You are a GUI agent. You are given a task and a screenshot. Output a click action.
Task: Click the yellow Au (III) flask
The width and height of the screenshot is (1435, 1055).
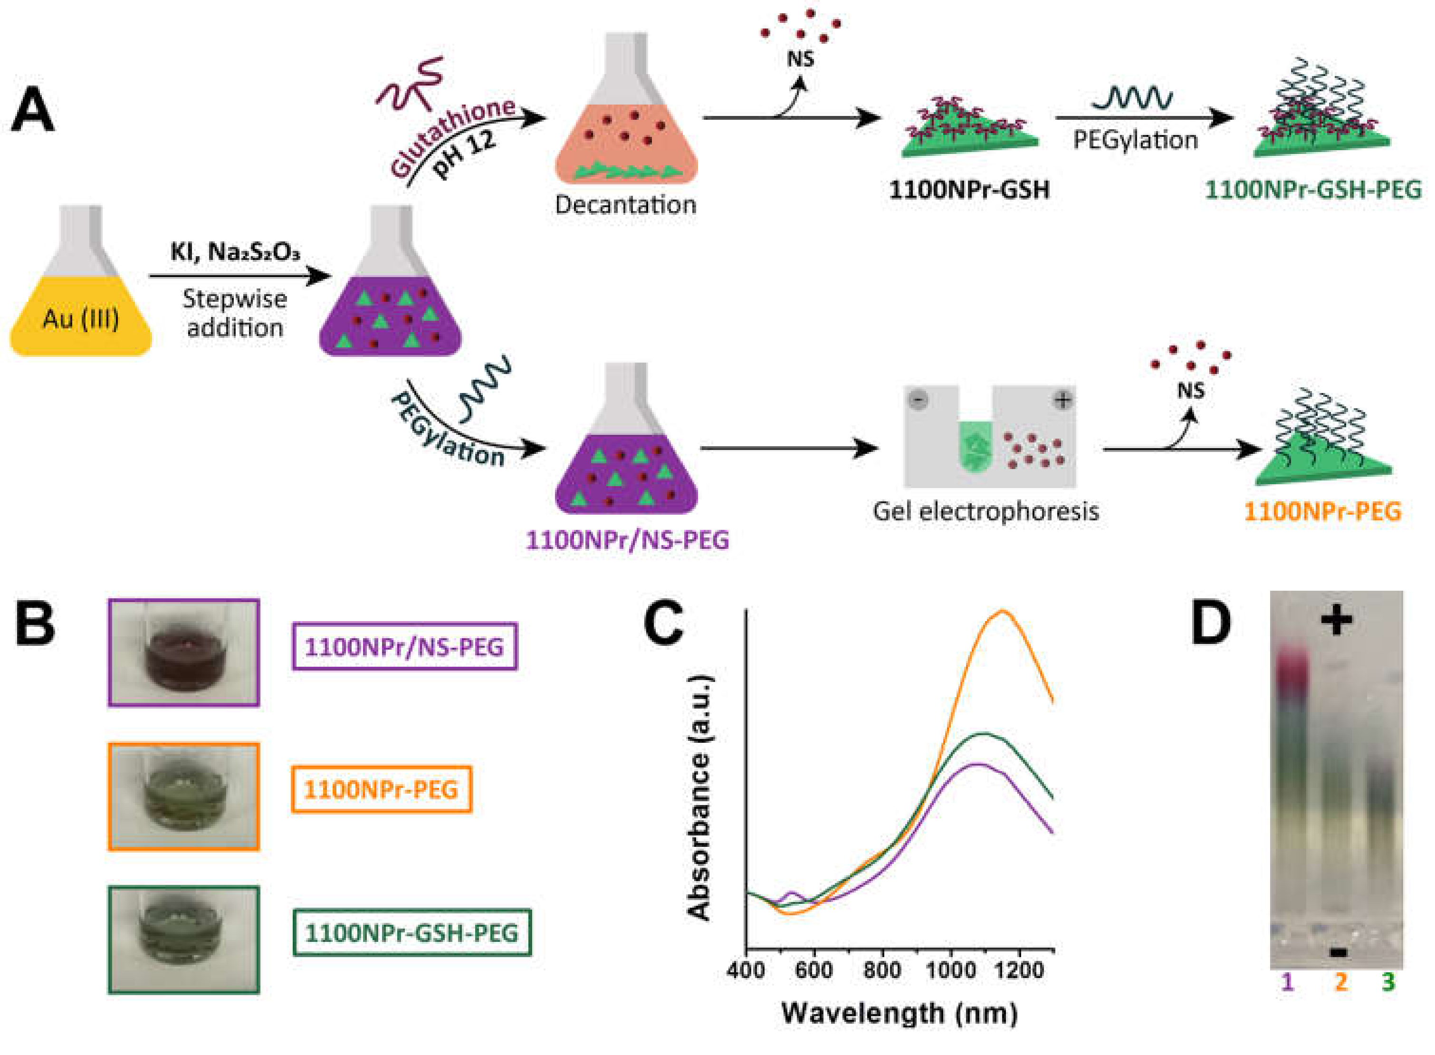81,300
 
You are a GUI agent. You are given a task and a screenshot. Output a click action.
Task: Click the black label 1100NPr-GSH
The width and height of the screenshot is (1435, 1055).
969,190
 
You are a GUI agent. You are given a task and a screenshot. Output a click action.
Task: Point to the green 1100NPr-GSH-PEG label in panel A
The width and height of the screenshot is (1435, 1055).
1313,190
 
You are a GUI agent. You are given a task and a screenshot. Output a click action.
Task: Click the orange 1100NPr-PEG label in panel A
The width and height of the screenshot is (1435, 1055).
1322,511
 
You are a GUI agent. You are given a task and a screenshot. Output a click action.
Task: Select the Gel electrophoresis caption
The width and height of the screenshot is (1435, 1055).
985,511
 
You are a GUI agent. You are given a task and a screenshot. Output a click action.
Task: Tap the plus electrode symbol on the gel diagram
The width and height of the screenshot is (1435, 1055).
1062,401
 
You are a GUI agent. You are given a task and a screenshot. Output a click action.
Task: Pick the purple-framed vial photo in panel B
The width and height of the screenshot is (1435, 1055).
184,652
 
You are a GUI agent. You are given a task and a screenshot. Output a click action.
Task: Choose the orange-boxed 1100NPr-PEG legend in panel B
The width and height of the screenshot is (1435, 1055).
381,789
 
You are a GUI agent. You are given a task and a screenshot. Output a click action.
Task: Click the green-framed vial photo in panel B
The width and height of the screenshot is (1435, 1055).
184,939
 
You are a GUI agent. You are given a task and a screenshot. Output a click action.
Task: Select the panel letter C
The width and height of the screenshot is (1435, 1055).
663,624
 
